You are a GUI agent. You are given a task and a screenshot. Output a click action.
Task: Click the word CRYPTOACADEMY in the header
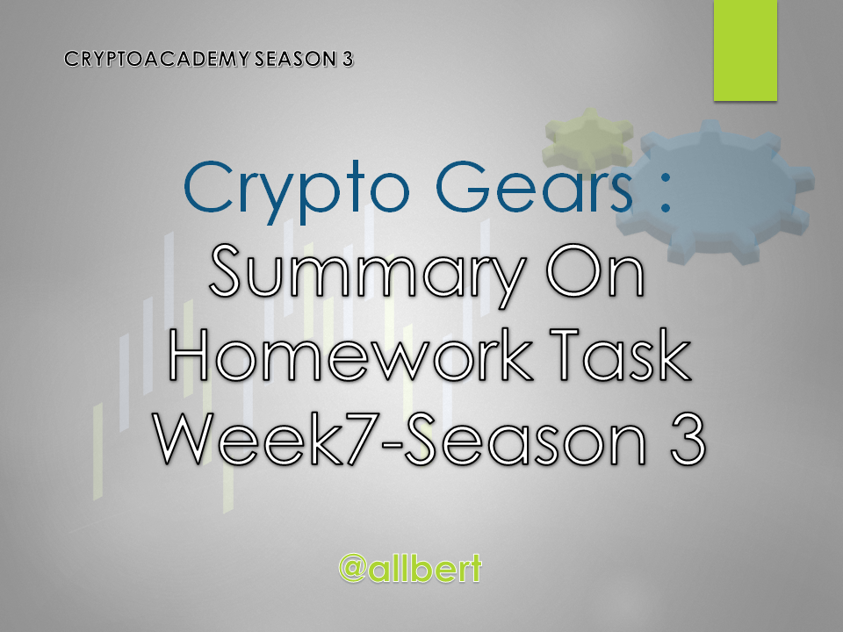(x=157, y=59)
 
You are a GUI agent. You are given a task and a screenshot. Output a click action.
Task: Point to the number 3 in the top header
(x=348, y=59)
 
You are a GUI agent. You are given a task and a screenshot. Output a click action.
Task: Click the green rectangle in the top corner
(x=746, y=50)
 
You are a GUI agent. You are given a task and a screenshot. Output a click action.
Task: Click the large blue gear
(x=715, y=191)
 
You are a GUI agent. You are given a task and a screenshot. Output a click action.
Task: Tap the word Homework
(x=349, y=355)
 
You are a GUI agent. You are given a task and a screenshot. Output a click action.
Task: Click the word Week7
(x=274, y=437)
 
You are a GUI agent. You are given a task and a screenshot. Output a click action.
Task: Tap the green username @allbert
(x=410, y=568)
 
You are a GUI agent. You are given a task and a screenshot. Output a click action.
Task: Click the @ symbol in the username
(x=353, y=569)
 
